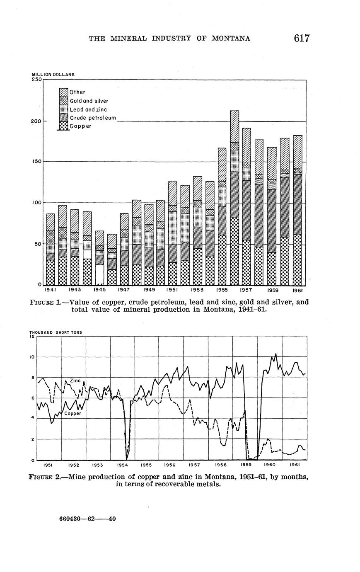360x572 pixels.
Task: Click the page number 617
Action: [x=302, y=38]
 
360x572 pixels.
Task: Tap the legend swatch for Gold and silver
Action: [x=63, y=101]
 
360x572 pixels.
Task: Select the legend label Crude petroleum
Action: [x=93, y=118]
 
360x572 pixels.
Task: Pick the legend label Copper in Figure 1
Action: [x=80, y=126]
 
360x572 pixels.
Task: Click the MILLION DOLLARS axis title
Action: [x=53, y=75]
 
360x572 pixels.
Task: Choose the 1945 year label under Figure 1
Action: [x=99, y=290]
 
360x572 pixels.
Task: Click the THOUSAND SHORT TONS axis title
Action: [x=56, y=332]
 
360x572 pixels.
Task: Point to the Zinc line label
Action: [x=75, y=381]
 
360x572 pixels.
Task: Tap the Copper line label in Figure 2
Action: [x=73, y=413]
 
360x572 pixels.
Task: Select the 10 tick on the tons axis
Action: [x=32, y=357]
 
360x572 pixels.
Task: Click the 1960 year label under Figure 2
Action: [x=270, y=465]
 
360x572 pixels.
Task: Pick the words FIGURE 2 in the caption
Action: [x=44, y=477]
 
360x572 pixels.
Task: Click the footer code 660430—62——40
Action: [x=87, y=518]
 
